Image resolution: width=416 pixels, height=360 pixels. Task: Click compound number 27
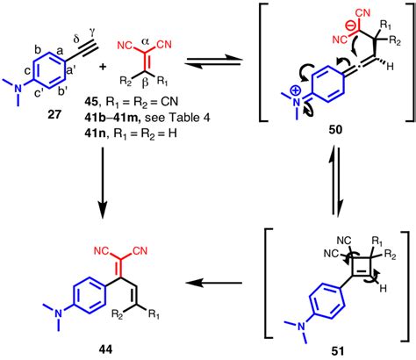tap(54, 114)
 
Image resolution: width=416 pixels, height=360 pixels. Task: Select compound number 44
tap(106, 349)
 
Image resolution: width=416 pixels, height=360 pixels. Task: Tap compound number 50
tap(335, 129)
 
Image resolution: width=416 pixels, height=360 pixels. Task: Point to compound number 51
tap(338, 351)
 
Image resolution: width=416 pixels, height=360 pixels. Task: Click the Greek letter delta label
tap(77, 38)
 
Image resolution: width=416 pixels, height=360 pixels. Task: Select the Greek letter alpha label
tap(146, 41)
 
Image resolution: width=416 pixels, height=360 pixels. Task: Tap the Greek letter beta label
tap(145, 84)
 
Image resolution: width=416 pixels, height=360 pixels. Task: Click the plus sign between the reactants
tap(103, 68)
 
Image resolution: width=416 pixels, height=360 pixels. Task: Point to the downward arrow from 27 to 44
tap(103, 184)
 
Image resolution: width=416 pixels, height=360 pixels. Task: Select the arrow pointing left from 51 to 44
tap(214, 283)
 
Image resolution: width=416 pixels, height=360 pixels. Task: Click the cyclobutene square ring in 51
tap(362, 267)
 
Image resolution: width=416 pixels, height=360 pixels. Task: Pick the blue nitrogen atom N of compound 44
tap(59, 314)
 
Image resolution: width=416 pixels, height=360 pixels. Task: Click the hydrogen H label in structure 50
tap(390, 67)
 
